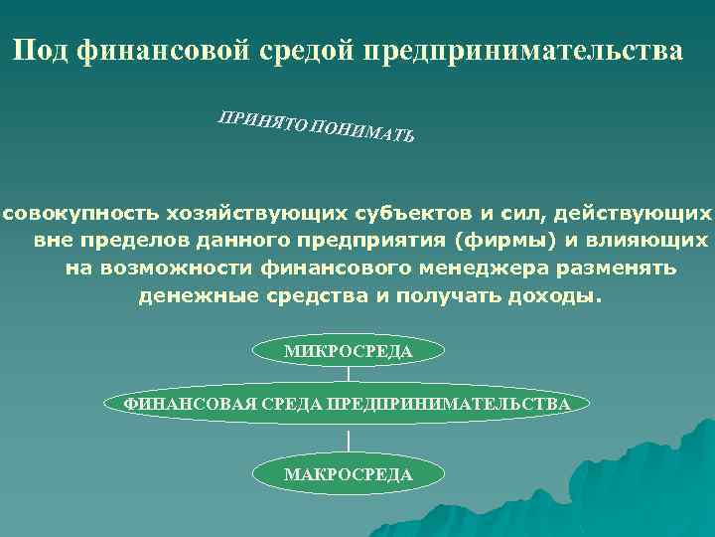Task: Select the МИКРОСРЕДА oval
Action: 348,351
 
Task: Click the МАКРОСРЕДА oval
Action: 348,474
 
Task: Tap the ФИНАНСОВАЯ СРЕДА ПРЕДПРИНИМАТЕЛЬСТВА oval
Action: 348,404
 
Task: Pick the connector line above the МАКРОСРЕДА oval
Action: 348,439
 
